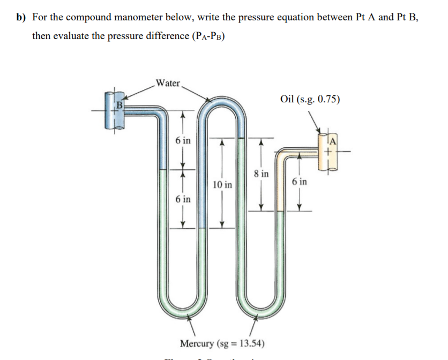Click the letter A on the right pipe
[x=333, y=141]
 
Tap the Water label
[x=168, y=83]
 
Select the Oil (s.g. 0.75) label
[x=309, y=99]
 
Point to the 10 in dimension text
[x=222, y=185]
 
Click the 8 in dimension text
[x=261, y=174]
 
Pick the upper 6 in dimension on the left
[x=182, y=140]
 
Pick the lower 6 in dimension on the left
[x=182, y=199]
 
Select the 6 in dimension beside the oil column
[x=300, y=181]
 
